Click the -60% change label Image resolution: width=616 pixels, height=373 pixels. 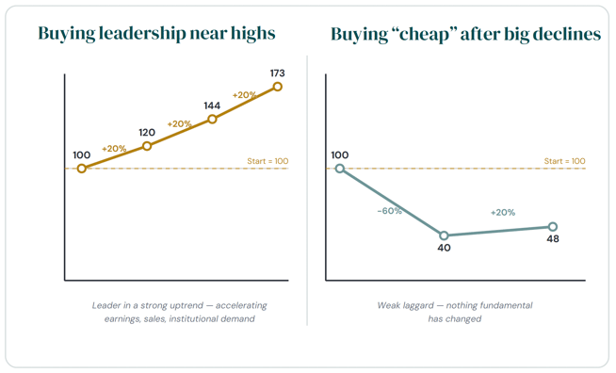click(x=389, y=211)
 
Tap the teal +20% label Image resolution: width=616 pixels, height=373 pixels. click(x=503, y=212)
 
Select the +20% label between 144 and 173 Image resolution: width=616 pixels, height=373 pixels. click(x=244, y=95)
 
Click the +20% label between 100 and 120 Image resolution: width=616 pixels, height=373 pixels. click(x=114, y=149)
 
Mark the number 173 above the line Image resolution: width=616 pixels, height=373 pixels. click(x=277, y=73)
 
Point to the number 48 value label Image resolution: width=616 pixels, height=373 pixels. click(x=553, y=238)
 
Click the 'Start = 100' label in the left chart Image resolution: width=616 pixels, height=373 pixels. click(x=267, y=161)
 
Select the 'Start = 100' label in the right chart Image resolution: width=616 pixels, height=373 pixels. click(x=564, y=161)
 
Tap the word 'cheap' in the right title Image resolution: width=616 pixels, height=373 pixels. click(x=424, y=35)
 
